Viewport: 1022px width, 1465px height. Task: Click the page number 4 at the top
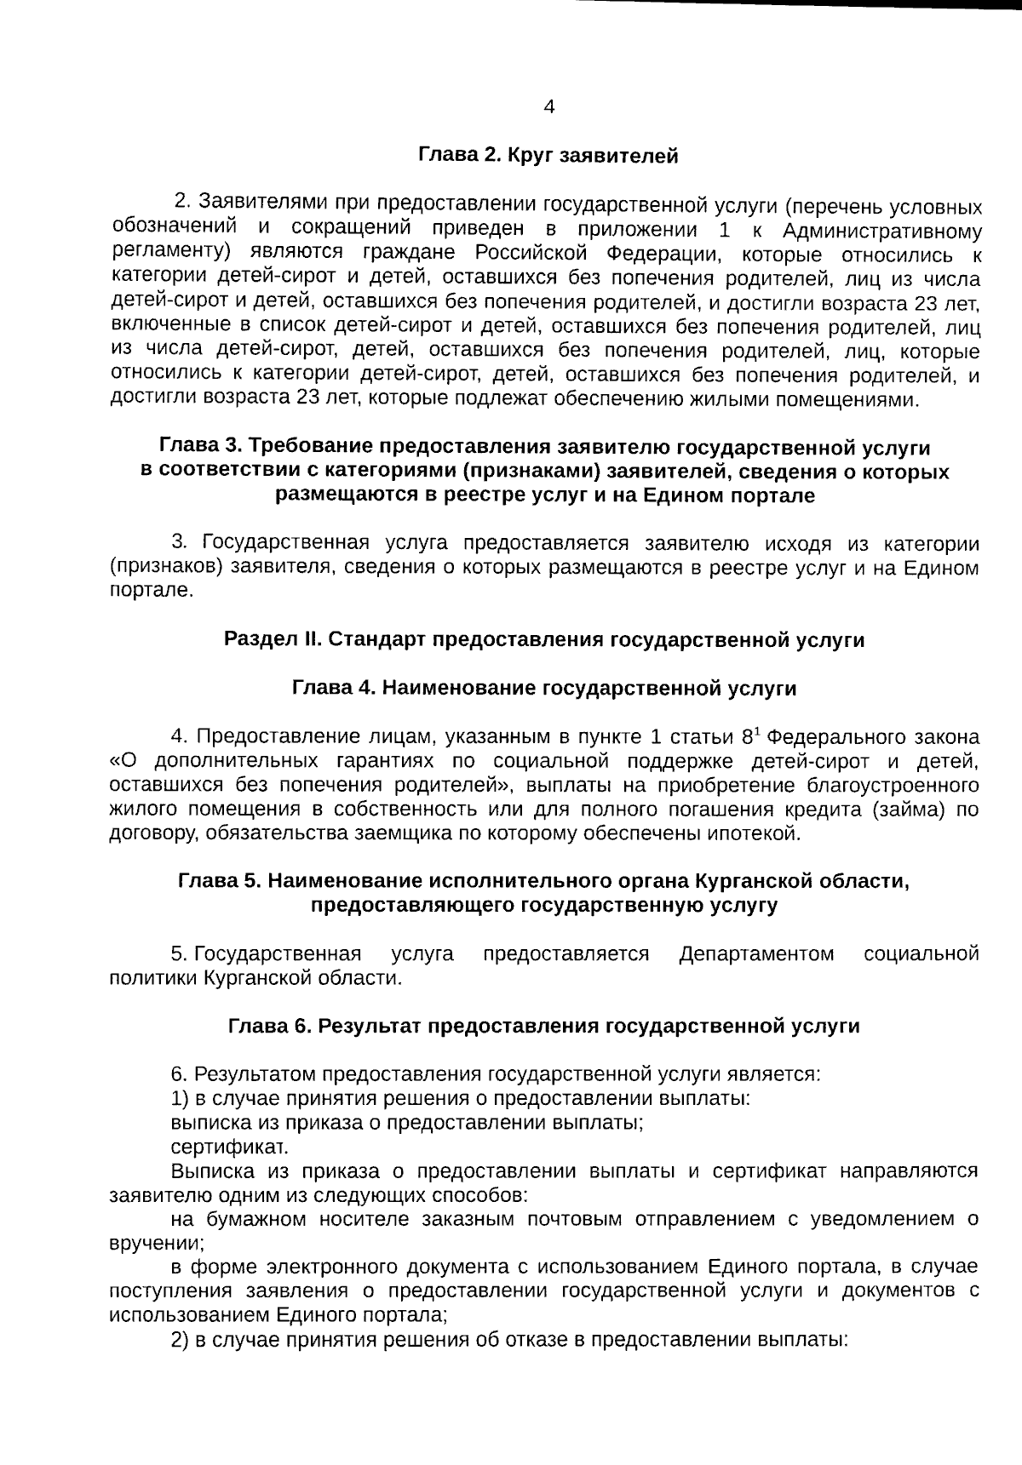(x=548, y=106)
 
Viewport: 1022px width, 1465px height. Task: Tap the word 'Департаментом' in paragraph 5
(x=756, y=953)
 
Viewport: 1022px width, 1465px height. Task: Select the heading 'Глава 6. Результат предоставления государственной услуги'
(x=544, y=1026)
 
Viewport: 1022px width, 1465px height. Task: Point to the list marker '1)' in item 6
(x=179, y=1098)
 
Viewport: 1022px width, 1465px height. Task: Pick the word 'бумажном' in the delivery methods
(x=264, y=1219)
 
